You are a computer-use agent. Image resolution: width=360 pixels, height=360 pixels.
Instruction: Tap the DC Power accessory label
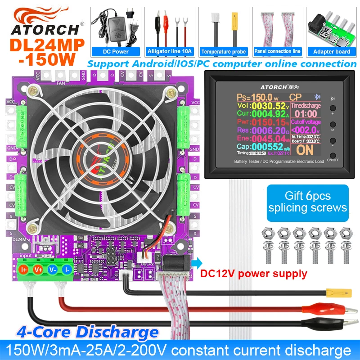[116, 51]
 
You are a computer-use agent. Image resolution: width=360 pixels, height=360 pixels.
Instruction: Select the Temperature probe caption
[224, 51]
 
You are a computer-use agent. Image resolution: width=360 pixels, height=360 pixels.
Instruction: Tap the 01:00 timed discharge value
[306, 114]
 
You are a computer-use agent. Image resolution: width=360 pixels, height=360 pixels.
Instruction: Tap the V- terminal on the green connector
[53, 270]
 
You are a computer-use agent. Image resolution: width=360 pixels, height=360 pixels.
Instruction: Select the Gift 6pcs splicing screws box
[307, 202]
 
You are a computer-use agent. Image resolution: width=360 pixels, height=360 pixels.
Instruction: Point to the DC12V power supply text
[254, 274]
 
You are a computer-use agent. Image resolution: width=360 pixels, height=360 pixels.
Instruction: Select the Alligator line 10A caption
[170, 51]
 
